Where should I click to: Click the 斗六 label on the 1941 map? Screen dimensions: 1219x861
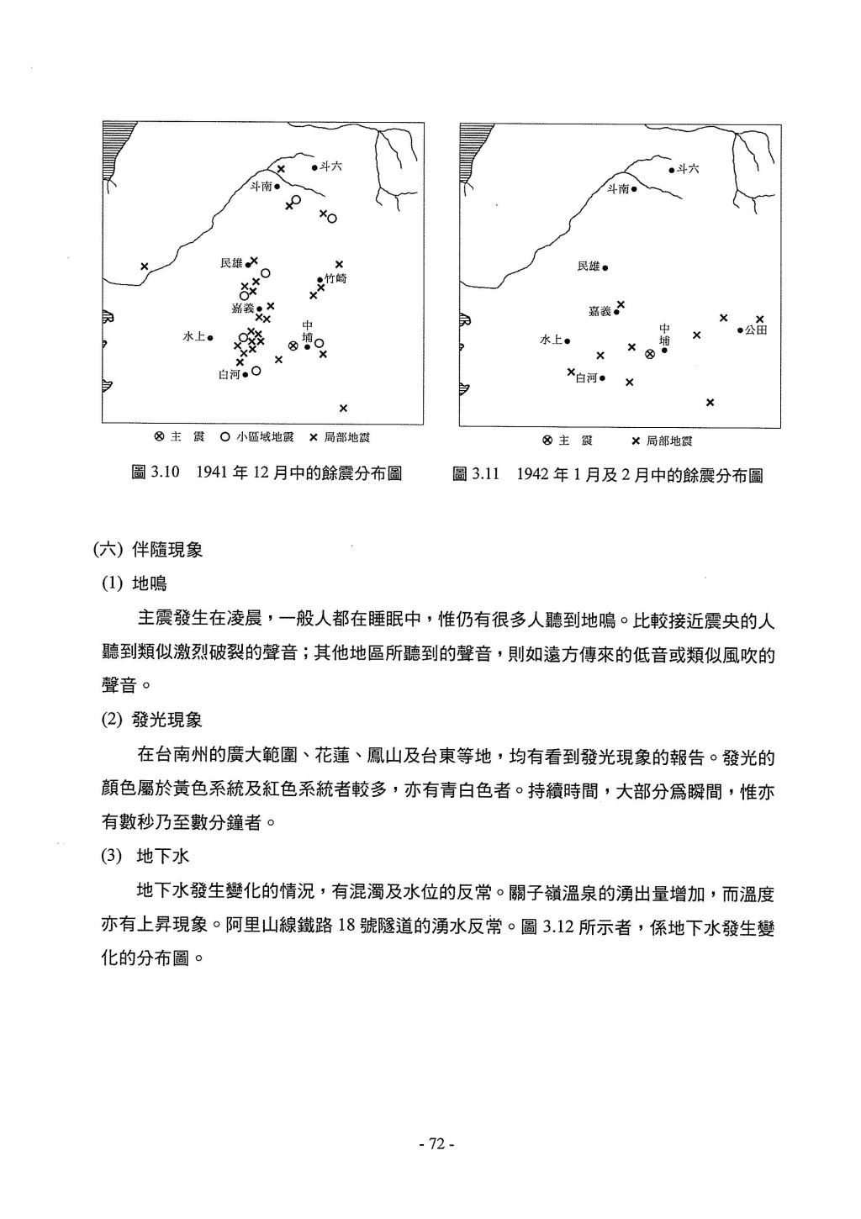tap(330, 166)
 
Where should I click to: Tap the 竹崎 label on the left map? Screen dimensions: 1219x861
tap(335, 278)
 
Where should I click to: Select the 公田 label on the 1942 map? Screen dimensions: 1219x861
tap(755, 330)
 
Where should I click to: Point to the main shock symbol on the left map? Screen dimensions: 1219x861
tap(293, 346)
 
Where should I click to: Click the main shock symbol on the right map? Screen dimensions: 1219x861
tap(649, 354)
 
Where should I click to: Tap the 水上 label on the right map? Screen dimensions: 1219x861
tap(551, 340)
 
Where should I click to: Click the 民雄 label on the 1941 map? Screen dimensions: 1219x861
tap(231, 263)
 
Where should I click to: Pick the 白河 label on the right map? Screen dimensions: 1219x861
tap(586, 378)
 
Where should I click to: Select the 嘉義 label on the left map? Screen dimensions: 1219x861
tap(243, 309)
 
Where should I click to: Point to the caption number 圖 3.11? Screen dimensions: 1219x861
tap(476, 474)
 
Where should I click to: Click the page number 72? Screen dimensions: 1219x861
tap(436, 1143)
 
